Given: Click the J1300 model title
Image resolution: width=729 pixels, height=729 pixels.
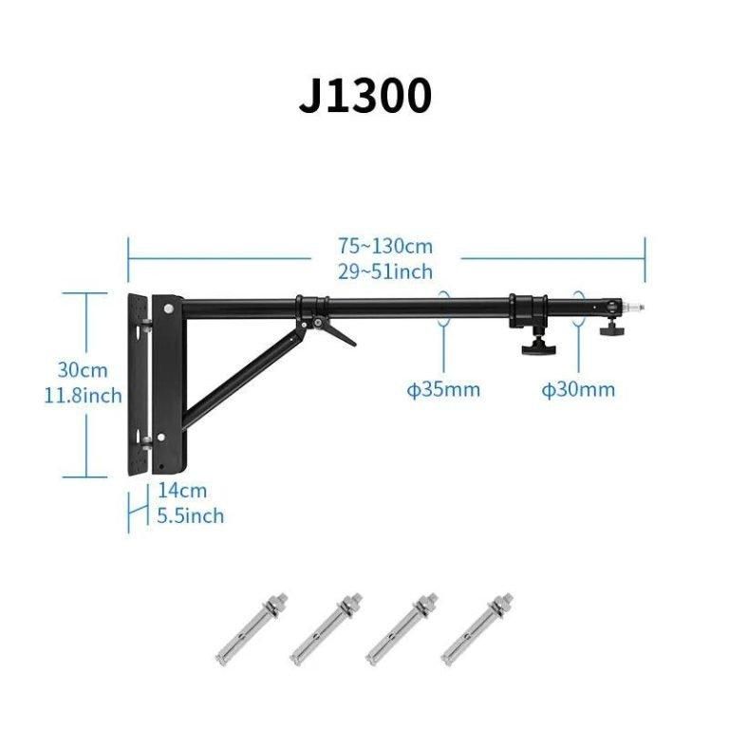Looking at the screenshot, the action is click(364, 96).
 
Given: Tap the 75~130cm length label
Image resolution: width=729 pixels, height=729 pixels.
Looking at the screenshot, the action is click(385, 246).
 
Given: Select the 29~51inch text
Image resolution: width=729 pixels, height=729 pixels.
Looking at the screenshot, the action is click(385, 271).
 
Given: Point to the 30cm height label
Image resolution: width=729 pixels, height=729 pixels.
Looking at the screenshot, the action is click(83, 370).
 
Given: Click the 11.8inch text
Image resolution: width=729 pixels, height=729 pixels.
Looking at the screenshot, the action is click(83, 396).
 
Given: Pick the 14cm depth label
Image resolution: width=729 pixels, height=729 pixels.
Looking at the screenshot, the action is click(182, 491).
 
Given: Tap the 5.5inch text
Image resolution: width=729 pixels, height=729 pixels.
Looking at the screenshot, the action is click(190, 515).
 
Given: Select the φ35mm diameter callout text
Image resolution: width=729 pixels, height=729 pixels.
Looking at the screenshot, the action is click(443, 389).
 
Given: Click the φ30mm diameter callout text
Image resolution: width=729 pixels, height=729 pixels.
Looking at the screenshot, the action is click(578, 389).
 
